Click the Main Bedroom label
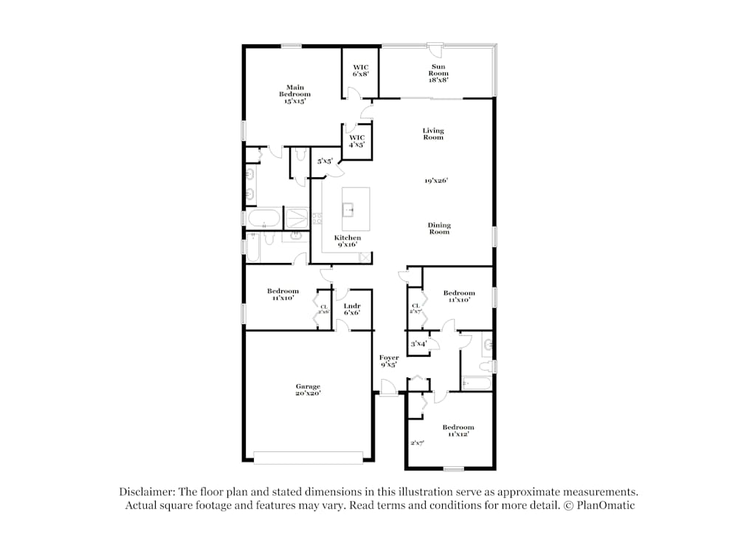[x=294, y=95]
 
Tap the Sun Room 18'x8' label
[x=439, y=73]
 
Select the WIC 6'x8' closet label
[x=360, y=70]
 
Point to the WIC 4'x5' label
[x=356, y=140]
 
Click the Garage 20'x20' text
[x=308, y=389]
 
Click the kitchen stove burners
[x=317, y=218]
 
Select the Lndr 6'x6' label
[x=352, y=309]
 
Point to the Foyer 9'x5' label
[x=389, y=360]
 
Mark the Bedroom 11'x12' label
[x=458, y=431]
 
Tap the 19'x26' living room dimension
[x=436, y=180]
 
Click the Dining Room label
[x=439, y=228]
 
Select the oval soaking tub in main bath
[x=263, y=219]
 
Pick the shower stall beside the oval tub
[x=297, y=218]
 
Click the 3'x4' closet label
[x=418, y=343]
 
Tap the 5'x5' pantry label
[x=325, y=160]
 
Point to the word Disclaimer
[x=145, y=491]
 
